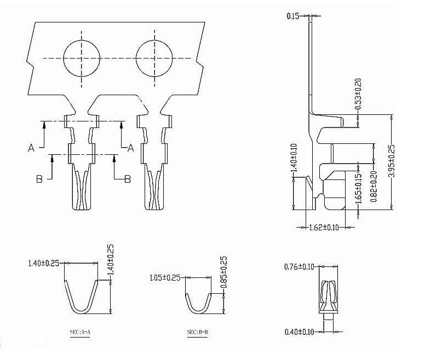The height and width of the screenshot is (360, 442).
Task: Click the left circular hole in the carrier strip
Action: point(82,57)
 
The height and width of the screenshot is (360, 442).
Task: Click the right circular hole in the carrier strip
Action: point(154,57)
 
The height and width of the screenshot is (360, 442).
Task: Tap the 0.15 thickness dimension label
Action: point(293,16)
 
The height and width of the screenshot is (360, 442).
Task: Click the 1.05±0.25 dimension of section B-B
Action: point(165,278)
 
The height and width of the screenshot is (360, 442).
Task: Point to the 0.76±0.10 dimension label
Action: point(299,267)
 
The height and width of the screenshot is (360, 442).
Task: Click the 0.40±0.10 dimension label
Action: point(299,332)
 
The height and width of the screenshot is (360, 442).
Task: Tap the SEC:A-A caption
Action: point(82,333)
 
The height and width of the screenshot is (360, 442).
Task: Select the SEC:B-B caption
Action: point(198,333)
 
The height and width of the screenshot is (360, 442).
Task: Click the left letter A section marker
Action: point(31,148)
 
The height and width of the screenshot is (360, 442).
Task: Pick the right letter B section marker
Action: point(127,179)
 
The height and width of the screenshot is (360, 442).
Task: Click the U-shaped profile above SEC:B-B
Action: point(198,304)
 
